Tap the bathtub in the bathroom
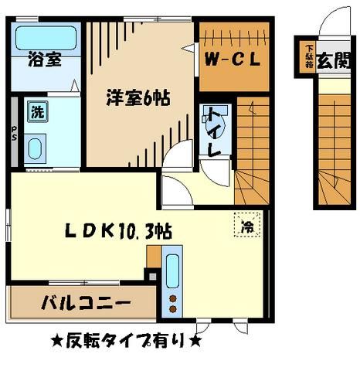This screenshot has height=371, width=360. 45,36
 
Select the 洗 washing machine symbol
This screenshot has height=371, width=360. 36,111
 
